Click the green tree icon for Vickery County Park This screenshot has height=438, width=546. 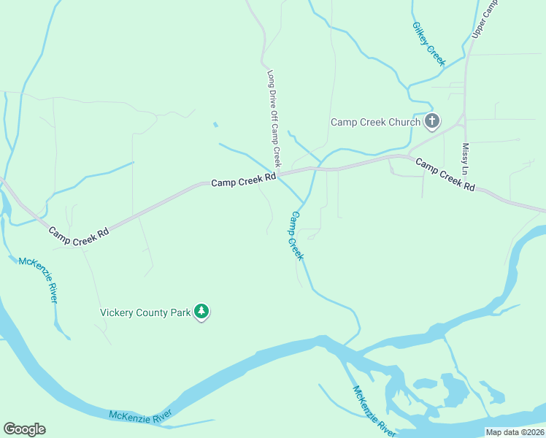pos(202,312)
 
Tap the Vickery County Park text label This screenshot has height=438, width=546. pos(145,312)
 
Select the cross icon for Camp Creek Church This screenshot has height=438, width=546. pos(432,121)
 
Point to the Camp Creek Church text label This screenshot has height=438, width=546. pos(375,122)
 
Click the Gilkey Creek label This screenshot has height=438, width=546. pos(428,44)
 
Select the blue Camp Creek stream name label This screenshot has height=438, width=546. pos(296,236)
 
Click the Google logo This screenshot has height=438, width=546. pos(24,429)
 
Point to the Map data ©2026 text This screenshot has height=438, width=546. pos(514,432)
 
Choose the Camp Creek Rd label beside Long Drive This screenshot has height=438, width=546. pos(244,179)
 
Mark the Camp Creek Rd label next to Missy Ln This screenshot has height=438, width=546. pos(445,174)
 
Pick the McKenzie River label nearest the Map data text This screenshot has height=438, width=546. pos(375,412)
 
